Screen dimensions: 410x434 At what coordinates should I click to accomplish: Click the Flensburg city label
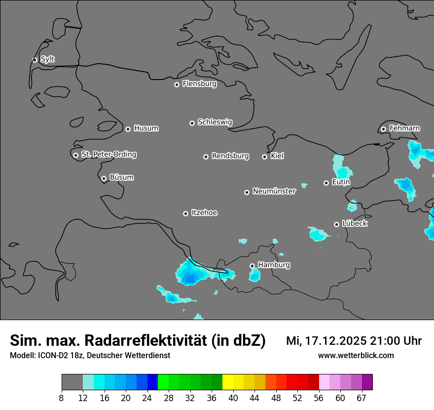coord(199,84)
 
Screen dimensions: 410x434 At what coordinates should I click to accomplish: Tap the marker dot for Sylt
coord(35,60)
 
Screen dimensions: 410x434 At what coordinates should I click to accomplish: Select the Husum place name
coord(146,128)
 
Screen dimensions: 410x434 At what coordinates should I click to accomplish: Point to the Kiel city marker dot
coord(265,157)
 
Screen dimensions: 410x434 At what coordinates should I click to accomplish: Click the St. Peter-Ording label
coord(108,155)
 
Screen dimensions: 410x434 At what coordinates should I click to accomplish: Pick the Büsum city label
coord(121,177)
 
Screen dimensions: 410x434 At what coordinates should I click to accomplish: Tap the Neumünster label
coord(274,191)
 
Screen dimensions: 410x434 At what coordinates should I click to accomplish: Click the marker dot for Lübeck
coord(337,224)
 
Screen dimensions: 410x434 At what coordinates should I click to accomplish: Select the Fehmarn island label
coord(404,128)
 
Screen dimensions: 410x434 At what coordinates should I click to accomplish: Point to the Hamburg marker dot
coord(253,266)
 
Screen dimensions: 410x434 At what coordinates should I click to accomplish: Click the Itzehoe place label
coord(204,213)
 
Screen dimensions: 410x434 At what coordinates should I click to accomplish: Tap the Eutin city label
coord(341,182)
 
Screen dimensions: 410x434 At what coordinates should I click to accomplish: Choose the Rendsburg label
coord(230,156)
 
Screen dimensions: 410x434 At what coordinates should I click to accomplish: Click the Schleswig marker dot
coord(192,123)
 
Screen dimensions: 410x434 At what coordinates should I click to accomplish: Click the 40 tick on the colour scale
coord(233,398)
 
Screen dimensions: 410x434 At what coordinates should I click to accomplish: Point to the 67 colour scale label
coord(362,398)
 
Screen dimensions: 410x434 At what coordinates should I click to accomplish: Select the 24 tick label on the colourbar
coord(147,398)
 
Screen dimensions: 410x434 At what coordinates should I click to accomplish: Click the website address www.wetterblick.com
coord(356,356)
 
